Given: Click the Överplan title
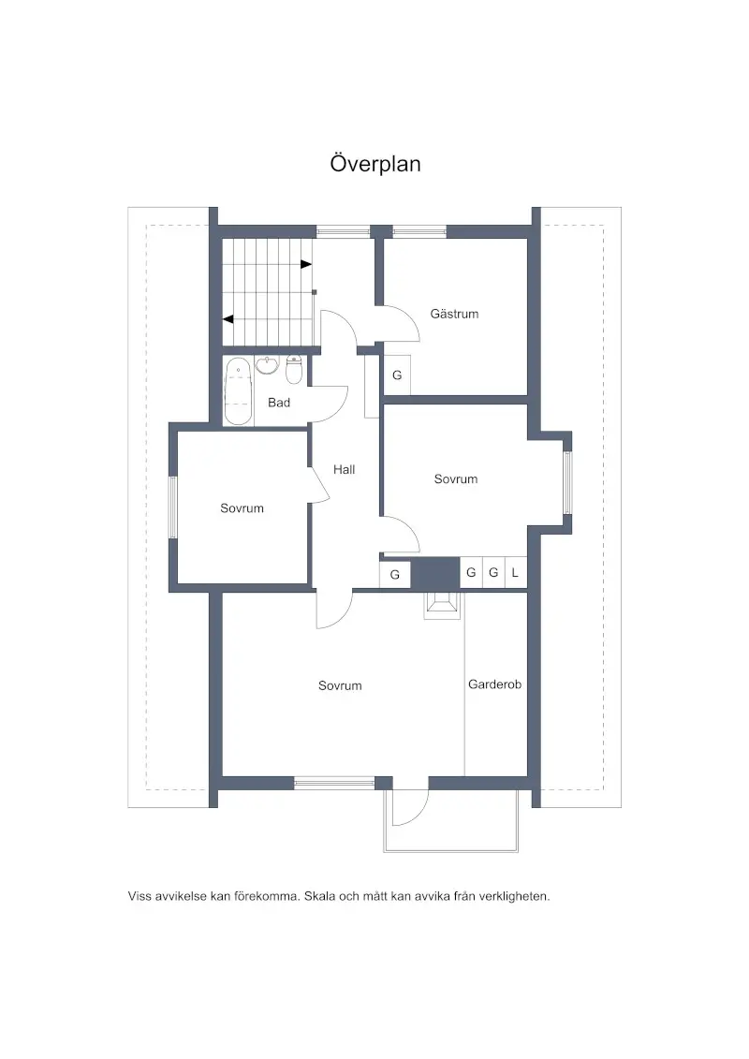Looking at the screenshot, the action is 375,164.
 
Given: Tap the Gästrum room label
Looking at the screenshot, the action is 454,314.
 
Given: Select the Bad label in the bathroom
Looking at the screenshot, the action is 279,403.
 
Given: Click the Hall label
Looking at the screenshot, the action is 344,469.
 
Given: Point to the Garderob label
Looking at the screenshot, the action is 494,684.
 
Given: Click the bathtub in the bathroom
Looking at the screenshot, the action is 238,391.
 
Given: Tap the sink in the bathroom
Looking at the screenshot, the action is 267,365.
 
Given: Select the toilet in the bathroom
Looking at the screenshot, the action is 294,369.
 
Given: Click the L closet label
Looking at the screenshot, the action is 515,573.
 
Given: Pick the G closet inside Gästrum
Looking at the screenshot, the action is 397,375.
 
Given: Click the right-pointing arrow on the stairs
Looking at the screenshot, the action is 306,264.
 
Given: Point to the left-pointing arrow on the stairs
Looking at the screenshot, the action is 228,318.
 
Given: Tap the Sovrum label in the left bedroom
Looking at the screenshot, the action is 242,507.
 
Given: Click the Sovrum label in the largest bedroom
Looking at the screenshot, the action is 340,685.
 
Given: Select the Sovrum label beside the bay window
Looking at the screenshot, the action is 456,478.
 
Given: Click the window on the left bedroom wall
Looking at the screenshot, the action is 172,507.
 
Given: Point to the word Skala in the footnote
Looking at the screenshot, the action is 320,896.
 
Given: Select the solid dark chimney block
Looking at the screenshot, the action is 435,573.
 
